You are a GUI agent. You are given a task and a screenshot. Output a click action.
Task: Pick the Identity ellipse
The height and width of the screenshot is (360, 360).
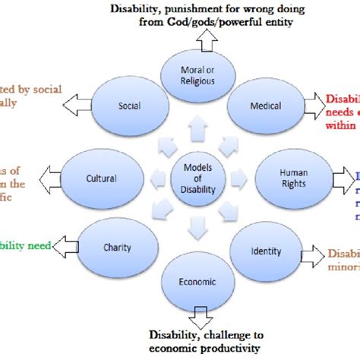(265, 250)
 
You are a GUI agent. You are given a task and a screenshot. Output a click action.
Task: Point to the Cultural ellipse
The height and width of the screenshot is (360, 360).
(100, 178)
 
